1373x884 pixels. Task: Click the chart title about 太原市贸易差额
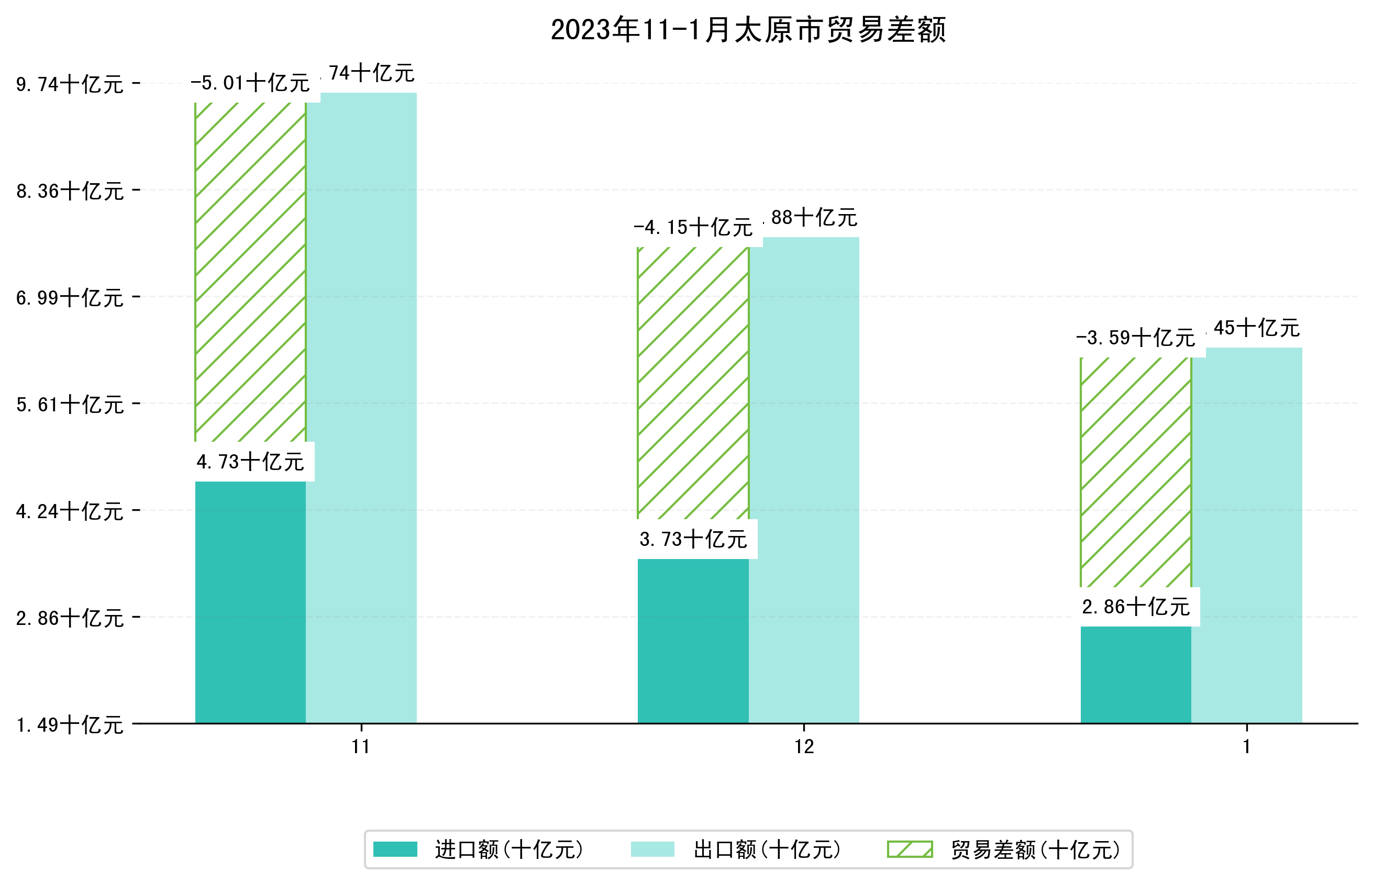click(748, 30)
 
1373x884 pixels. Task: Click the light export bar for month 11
click(361, 408)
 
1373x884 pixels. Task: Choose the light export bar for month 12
click(803, 480)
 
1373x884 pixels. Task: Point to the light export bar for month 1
click(1246, 535)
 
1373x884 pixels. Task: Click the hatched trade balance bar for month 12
click(693, 383)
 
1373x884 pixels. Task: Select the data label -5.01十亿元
click(250, 83)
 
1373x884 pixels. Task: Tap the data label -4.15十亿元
click(693, 228)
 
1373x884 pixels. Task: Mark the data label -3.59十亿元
click(1135, 338)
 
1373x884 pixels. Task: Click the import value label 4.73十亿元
click(250, 462)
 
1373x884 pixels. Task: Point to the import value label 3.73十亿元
click(693, 540)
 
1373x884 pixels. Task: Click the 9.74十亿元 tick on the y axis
click(70, 84)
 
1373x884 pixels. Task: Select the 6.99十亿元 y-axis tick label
click(70, 298)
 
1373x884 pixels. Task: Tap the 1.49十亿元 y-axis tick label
click(70, 725)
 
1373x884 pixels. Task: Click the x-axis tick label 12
click(803, 747)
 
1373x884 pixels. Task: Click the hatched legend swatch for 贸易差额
click(910, 849)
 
